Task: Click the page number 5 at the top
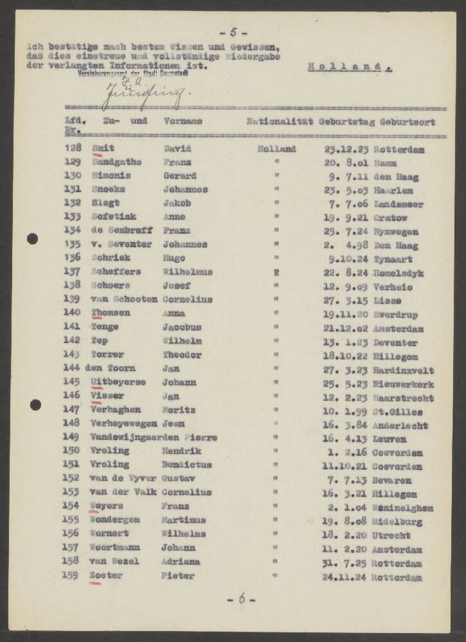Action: click(233, 33)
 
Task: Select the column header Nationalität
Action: click(279, 121)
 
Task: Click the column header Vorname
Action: click(183, 121)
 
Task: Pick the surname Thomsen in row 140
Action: click(111, 313)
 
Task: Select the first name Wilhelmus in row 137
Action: click(188, 272)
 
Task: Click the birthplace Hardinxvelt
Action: click(403, 370)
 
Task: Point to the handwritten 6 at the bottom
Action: click(242, 599)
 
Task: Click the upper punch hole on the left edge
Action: click(33, 239)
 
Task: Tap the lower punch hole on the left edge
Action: click(35, 404)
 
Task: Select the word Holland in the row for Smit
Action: click(276, 149)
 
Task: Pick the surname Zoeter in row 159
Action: click(106, 576)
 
